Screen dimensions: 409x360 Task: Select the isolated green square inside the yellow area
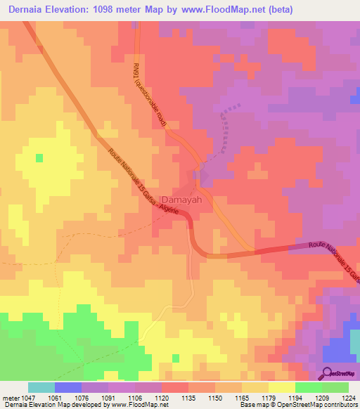coord(39,157)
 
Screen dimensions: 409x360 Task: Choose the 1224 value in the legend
coord(349,397)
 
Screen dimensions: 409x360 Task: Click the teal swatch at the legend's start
coord(41,387)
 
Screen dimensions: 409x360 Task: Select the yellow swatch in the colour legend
coord(282,387)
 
